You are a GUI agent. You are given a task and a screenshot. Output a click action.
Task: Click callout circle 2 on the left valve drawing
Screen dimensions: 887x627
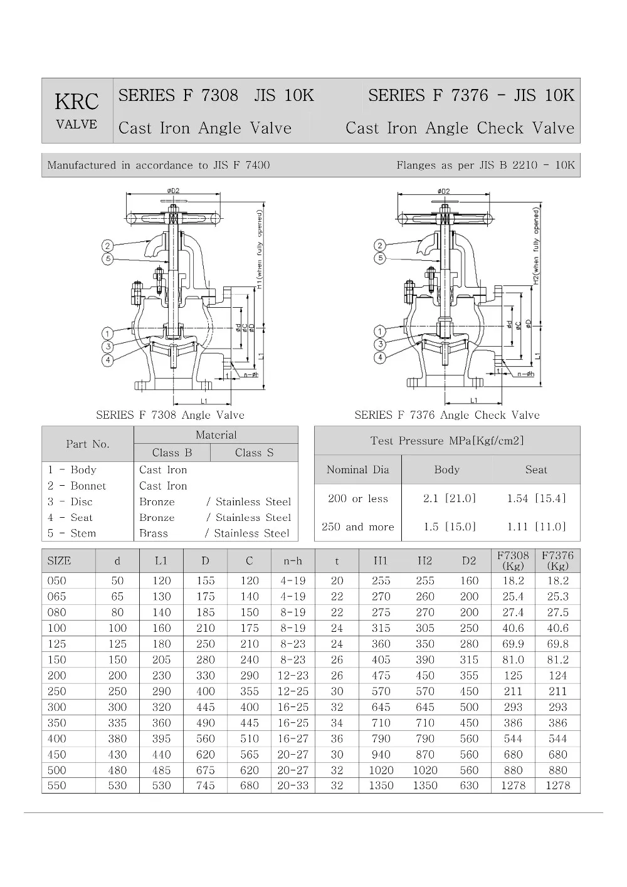108,246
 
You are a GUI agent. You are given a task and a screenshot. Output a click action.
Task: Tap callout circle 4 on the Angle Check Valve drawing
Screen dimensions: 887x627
379,357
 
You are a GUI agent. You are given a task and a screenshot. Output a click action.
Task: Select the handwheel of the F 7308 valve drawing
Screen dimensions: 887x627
173,219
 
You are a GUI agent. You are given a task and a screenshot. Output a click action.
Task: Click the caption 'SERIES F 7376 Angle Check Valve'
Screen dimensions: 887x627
446,415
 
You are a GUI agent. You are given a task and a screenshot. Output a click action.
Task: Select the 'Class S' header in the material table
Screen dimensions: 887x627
254,453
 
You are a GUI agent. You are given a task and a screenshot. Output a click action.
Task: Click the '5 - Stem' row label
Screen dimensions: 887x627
71,533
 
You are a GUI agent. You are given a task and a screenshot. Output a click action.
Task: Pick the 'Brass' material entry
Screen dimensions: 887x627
154,533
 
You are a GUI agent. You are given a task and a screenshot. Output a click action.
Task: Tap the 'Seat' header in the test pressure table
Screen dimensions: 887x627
536,470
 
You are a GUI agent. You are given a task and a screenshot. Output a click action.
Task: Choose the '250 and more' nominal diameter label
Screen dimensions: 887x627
357,527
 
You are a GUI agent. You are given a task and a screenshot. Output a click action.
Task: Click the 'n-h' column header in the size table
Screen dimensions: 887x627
293,561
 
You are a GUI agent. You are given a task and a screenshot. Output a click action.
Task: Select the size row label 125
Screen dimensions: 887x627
56,644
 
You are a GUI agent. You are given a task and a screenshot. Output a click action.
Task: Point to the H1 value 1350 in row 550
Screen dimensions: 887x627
381,785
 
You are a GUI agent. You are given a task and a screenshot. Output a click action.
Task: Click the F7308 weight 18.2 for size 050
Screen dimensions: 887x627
513,580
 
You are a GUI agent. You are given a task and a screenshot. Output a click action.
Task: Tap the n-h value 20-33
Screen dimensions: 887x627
293,785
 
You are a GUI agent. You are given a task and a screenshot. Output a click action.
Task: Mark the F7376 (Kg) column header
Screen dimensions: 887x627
557,560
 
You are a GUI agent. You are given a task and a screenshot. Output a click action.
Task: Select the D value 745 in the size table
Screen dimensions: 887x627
205,785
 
